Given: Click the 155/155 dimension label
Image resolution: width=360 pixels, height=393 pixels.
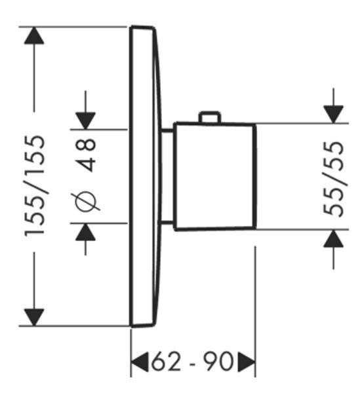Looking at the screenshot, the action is point(35,186).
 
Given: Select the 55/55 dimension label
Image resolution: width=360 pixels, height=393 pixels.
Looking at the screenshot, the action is point(333,179).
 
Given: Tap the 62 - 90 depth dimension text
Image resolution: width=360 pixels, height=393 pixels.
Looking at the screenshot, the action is point(192,362).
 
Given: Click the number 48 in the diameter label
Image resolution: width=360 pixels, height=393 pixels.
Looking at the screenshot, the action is point(85,155).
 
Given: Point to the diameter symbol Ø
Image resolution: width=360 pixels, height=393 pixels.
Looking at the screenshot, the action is point(85,202).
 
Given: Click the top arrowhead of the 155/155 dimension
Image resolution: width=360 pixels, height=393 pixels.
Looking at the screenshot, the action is point(34,35).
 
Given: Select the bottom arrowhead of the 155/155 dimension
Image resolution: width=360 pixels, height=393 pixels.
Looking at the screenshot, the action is point(34,317).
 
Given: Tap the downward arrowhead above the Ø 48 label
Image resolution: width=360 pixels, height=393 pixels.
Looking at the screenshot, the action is point(85,121).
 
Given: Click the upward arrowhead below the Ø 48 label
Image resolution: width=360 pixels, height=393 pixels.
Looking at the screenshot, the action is point(85,232).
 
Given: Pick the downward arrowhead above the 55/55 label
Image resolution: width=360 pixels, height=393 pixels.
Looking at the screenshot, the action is point(333,114).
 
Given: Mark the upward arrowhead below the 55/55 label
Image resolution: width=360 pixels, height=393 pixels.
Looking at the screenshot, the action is point(333,238).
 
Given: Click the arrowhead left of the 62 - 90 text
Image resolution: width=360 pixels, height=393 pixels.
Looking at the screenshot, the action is point(140,362).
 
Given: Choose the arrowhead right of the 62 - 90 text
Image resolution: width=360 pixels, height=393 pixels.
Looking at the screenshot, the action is point(247,362).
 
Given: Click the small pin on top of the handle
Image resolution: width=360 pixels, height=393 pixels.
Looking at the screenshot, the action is point(210,117).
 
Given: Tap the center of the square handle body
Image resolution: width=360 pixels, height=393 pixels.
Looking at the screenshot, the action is point(214,176).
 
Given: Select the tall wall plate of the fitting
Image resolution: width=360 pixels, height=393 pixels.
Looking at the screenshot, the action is point(144,176).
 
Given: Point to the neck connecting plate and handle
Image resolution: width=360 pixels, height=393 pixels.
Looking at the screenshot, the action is point(166,176).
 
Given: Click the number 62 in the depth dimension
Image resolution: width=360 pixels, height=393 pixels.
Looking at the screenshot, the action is point(166,362).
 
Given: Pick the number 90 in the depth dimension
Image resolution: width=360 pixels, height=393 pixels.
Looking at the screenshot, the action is point(218,362).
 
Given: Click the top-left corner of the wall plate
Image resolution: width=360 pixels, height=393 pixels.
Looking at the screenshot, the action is point(131,27).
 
